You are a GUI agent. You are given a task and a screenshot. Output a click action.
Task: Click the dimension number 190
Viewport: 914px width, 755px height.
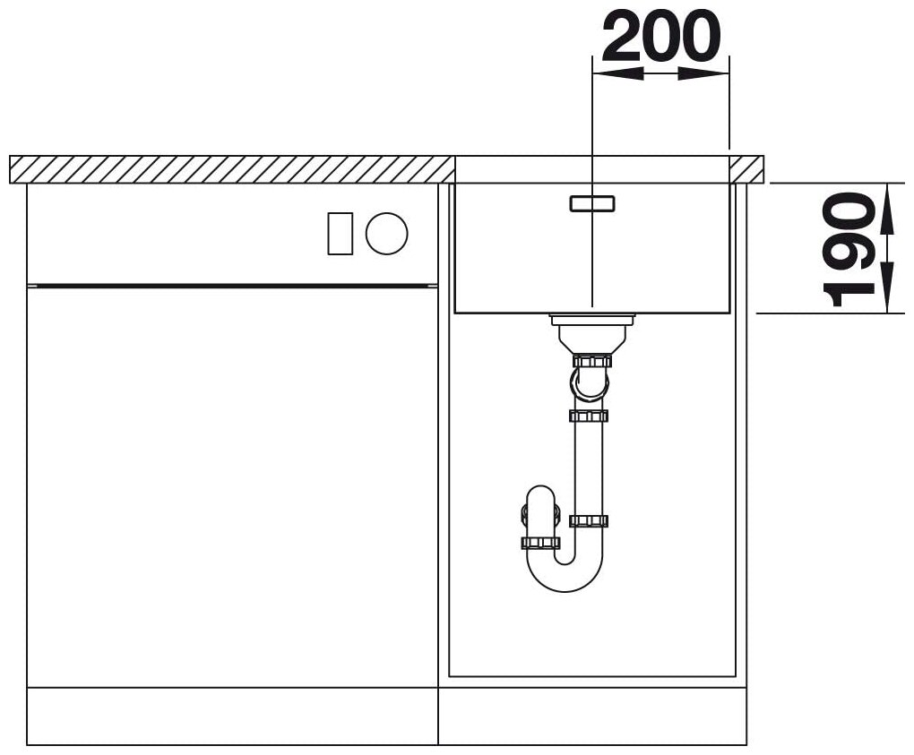849,249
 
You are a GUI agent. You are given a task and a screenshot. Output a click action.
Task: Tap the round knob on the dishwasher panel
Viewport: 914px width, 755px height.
386,233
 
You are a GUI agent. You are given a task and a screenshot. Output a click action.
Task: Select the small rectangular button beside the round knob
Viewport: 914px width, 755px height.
341,233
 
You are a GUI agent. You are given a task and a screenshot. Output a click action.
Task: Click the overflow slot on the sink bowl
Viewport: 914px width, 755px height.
591,203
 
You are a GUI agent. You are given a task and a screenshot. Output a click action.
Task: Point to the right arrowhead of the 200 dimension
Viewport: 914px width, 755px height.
703,73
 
